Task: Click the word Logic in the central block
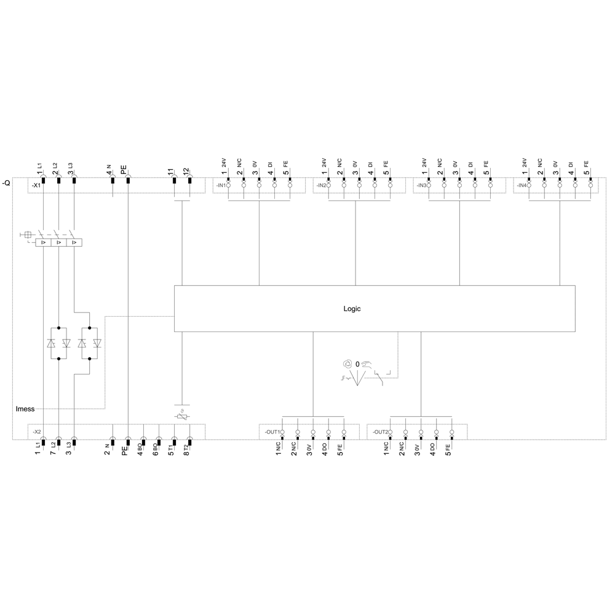point(352,309)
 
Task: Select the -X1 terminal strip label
point(36,186)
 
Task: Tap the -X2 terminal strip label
point(36,432)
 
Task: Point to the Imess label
point(25,409)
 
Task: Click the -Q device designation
point(6,183)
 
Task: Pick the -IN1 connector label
point(221,186)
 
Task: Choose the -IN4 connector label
point(522,186)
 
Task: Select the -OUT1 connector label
point(272,432)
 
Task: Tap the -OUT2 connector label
point(381,432)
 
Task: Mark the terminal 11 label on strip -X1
point(170,172)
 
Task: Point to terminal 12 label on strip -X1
point(186,172)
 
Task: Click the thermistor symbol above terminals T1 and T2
point(182,415)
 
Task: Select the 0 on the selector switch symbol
point(357,364)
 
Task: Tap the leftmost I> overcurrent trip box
point(43,242)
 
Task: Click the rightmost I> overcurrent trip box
point(74,242)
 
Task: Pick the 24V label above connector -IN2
point(324,163)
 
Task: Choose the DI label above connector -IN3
point(470,165)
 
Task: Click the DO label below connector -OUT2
point(432,446)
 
